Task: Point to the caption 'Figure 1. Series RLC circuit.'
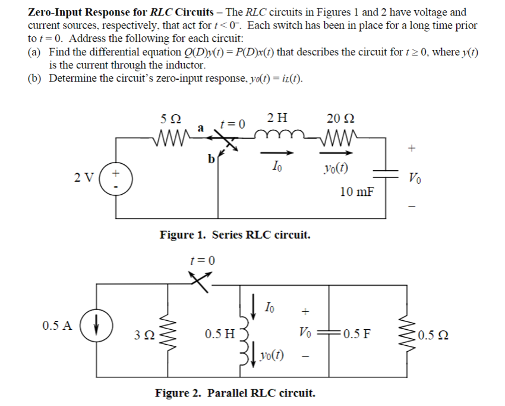coord(235,235)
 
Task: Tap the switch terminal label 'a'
coord(200,127)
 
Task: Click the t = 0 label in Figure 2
coord(202,260)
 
